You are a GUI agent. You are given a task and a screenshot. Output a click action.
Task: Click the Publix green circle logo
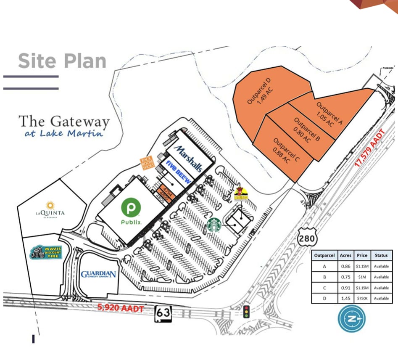click(131, 207)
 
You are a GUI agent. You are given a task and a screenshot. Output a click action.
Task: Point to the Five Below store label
click(179, 172)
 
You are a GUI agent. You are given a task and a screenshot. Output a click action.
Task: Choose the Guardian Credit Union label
click(98, 275)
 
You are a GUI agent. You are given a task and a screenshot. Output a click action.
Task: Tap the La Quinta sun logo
click(50, 206)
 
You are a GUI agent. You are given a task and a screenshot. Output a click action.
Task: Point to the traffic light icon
click(246, 311)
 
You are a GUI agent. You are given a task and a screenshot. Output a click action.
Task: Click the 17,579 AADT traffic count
click(369, 150)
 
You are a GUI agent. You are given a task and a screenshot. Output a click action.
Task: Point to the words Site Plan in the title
click(62, 61)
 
